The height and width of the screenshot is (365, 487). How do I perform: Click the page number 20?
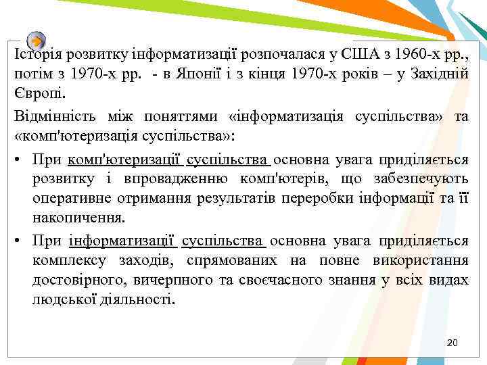coord(453,343)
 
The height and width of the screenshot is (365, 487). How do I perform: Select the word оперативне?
coord(69,199)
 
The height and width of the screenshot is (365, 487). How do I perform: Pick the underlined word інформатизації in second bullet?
coord(121,241)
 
